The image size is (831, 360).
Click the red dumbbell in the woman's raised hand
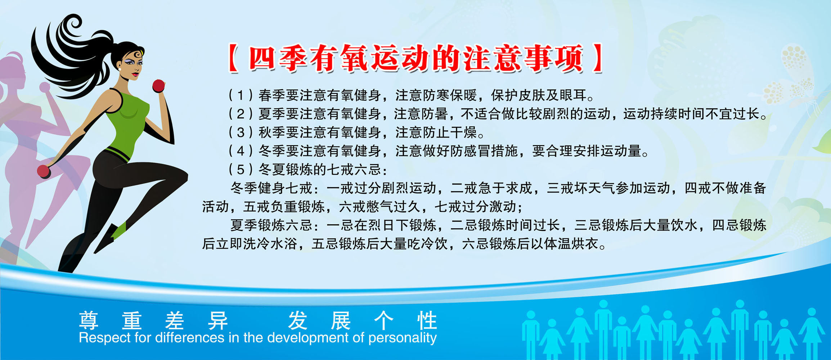tap(158, 86)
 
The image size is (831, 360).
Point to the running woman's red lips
tap(135, 75)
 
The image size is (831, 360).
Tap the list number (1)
tap(241, 95)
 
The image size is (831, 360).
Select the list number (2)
tap(241, 114)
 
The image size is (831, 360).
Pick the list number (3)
tap(241, 132)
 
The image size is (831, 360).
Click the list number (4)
tap(241, 151)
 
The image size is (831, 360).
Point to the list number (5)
tap(241, 170)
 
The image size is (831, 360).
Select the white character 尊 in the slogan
tap(89, 320)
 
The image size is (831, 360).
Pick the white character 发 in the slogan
tap(298, 320)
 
